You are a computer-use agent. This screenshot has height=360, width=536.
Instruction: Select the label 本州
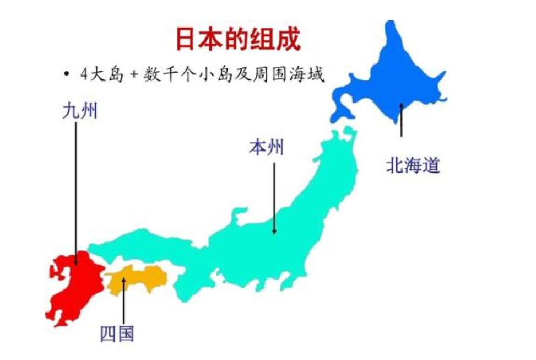click(x=266, y=147)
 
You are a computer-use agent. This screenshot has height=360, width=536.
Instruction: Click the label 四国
click(x=117, y=333)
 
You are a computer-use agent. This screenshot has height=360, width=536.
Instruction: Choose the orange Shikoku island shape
click(x=138, y=278)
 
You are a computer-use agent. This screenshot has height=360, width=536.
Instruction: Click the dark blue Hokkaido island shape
click(x=397, y=77)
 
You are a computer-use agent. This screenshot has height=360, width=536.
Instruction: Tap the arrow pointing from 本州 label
click(x=274, y=198)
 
